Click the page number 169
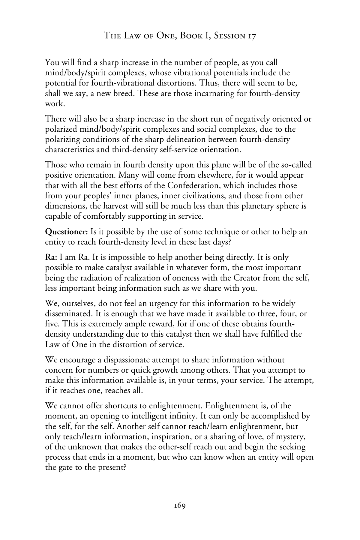click(180, 505)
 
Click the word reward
click(163, 324)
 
